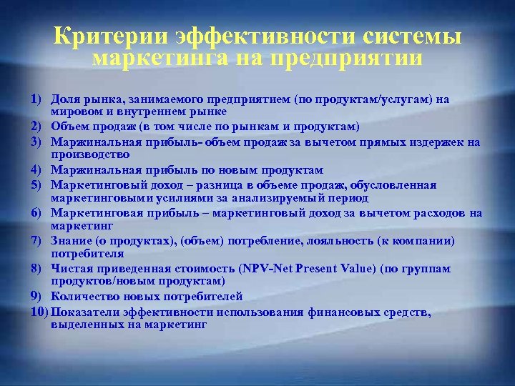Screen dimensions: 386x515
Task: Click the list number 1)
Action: (39, 99)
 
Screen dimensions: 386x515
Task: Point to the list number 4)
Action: (39, 170)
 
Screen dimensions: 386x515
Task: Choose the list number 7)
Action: (39, 241)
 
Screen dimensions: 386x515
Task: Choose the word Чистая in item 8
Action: (70, 269)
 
